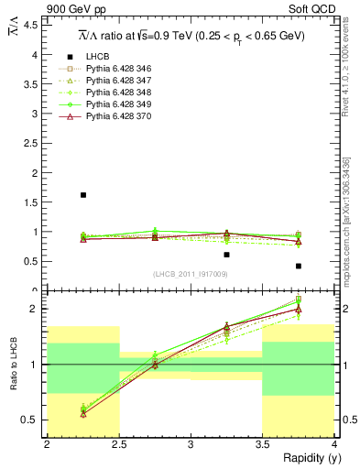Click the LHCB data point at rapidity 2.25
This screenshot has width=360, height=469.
point(83,195)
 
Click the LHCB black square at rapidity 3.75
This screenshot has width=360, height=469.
point(299,266)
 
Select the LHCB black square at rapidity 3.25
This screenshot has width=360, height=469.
point(227,255)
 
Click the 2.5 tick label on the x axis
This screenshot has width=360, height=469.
point(119,444)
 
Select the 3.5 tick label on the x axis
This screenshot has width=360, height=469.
point(262,444)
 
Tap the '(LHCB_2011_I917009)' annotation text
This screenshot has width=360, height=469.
point(191,275)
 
